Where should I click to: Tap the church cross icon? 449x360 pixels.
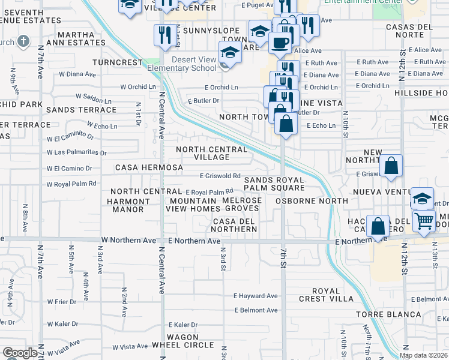tap(23, 41)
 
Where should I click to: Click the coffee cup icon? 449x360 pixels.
tap(279, 43)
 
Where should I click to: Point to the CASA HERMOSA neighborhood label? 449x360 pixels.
tap(149, 167)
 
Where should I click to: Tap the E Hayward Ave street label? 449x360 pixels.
tap(256, 296)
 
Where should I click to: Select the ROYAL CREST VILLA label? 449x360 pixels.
tap(334, 295)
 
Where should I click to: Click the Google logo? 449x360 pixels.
tap(20, 353)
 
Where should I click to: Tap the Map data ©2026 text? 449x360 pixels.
tap(423, 355)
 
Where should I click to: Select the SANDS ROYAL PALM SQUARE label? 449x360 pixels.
tap(274, 184)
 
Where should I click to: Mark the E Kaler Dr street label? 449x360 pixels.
tap(182, 325)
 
